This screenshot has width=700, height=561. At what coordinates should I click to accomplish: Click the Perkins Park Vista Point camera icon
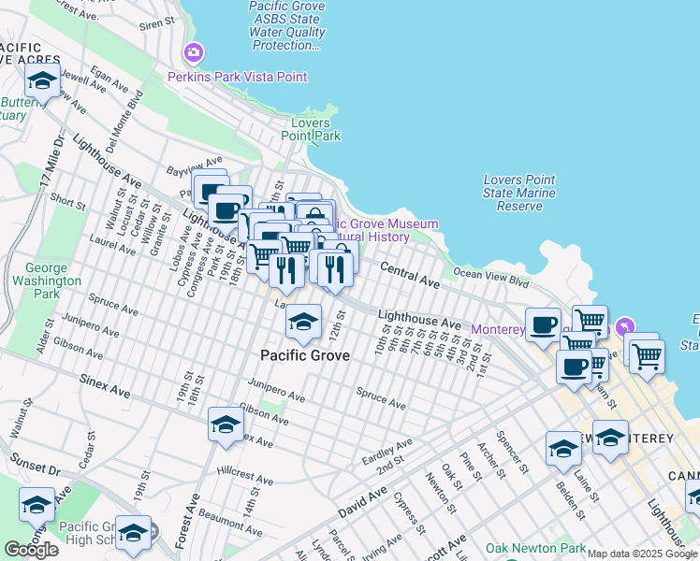(x=194, y=52)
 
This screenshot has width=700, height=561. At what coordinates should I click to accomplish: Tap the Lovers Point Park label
(x=315, y=129)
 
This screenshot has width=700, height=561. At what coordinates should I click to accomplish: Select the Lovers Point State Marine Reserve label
(x=519, y=193)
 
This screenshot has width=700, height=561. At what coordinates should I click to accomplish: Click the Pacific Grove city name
(x=305, y=355)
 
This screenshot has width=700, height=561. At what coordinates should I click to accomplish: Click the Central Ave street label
(x=410, y=274)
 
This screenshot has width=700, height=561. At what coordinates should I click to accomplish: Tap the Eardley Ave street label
(x=386, y=453)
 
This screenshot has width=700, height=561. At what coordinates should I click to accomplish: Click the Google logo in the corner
(x=31, y=550)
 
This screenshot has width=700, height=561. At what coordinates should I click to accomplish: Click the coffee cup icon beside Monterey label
(x=543, y=324)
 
